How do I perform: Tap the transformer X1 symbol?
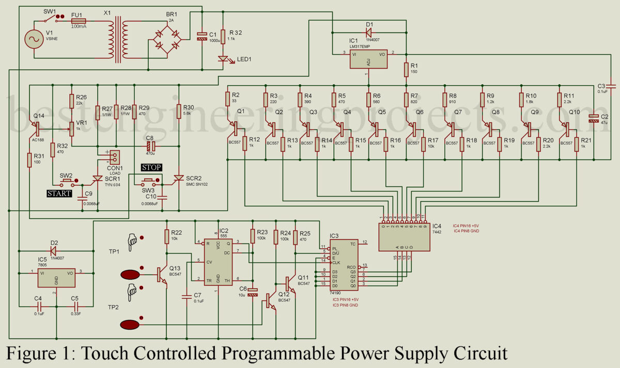123,39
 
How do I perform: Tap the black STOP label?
151,167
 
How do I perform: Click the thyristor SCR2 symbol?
178,178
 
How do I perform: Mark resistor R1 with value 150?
406,69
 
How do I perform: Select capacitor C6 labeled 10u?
253,292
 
